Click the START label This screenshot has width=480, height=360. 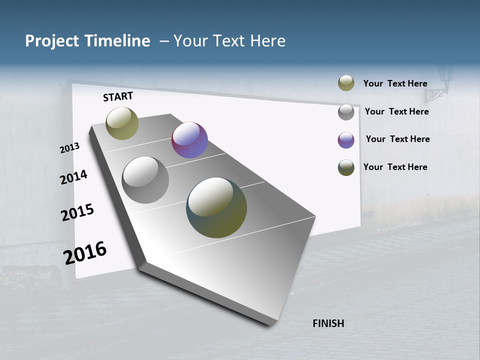click(118, 96)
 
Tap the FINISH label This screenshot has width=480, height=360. click(328, 323)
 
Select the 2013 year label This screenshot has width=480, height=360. click(69, 148)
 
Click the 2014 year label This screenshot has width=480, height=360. click(73, 177)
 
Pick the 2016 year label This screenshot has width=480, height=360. click(85, 253)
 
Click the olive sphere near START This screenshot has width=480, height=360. click(122, 123)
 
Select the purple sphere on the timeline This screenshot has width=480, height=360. click(189, 140)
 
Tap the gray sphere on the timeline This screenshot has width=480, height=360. click(145, 180)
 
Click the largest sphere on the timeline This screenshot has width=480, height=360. click(216, 207)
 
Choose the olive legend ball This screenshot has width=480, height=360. click(346, 83)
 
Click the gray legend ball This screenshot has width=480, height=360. click(346, 112)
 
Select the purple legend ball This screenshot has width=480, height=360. click(346, 140)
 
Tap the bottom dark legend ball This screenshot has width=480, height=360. click(346, 167)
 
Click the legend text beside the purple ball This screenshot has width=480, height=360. click(397, 139)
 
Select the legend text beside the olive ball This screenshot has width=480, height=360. click(395, 83)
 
